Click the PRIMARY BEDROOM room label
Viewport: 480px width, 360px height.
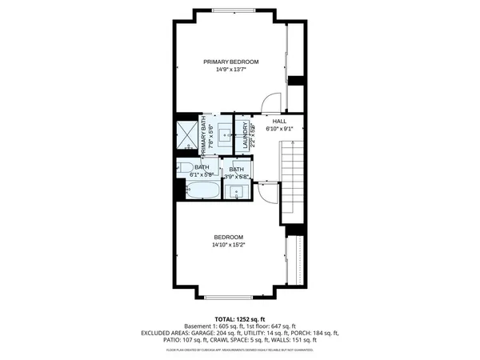coord(230,62)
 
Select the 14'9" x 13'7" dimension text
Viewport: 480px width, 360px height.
coord(230,70)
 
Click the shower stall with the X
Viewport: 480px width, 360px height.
coord(187,134)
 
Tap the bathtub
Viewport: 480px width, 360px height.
coord(202,191)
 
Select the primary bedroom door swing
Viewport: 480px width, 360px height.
coord(274,102)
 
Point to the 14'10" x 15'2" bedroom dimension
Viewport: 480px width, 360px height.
coord(229,245)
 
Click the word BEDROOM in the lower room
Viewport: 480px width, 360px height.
coord(229,237)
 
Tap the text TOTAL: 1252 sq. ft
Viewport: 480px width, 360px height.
coord(240,318)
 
